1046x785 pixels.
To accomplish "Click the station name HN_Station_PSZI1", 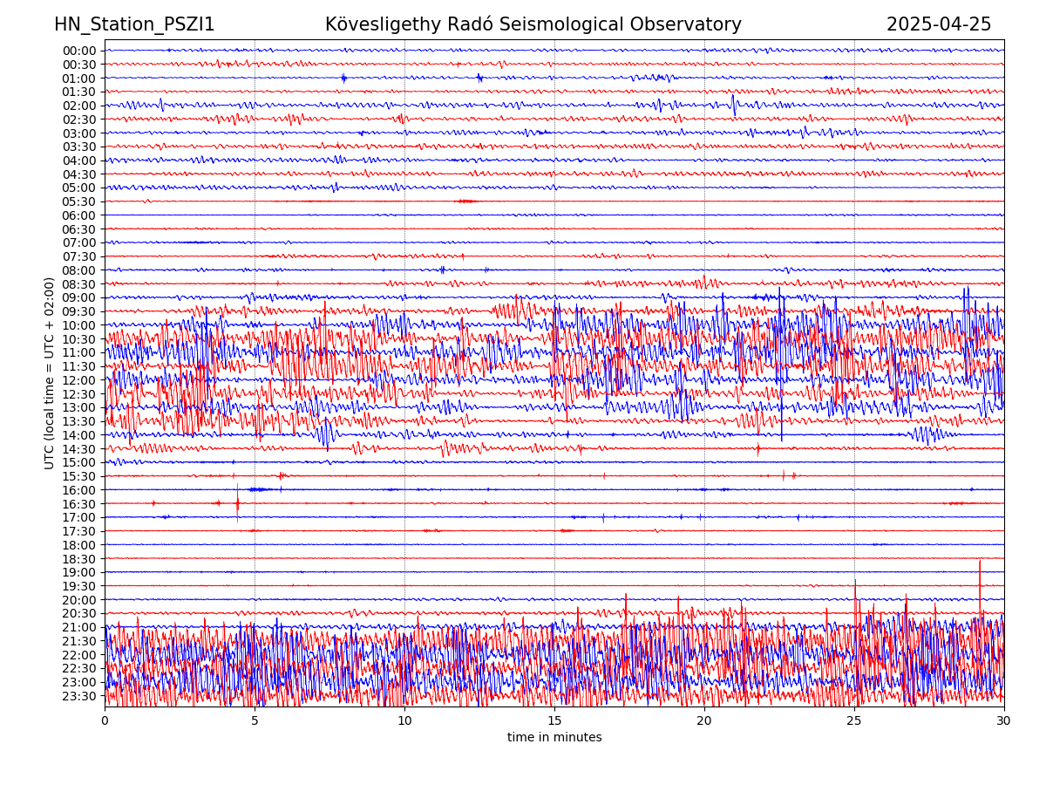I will point(134,24).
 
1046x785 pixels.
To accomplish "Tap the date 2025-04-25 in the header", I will point(938,24).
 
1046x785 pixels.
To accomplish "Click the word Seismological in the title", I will point(569,24).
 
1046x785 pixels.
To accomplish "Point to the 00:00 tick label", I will point(79,51).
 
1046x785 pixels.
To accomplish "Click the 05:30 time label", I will point(79,201).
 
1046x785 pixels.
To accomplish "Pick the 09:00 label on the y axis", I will point(79,297).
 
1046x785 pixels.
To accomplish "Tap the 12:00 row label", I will point(79,380).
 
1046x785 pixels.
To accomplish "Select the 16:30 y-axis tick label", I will point(79,504).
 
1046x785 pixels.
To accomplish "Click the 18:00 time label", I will point(79,545).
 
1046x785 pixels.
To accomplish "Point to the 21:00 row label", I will point(79,627).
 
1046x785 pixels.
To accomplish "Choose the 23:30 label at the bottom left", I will point(79,696).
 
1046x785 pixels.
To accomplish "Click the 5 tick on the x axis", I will point(255,720).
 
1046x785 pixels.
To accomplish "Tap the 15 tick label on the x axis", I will point(554,720).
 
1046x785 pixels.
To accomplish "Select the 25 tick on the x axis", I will point(854,720).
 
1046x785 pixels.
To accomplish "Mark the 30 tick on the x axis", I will point(1004,720).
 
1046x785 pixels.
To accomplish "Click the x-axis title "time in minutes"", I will point(554,738).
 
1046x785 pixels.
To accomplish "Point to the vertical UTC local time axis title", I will point(50,372).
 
